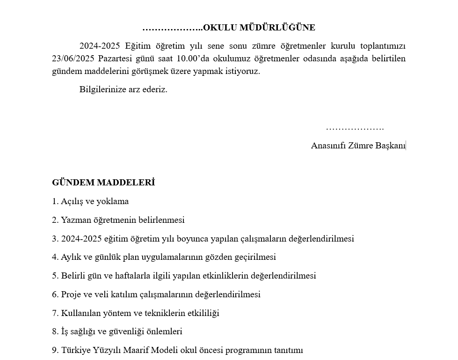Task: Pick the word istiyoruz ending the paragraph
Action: coord(243,71)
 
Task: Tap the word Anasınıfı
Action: coord(328,146)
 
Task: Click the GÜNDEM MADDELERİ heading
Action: coord(103,183)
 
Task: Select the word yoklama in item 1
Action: coord(113,201)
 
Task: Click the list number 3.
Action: coord(55,239)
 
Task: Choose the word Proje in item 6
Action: coord(72,294)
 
